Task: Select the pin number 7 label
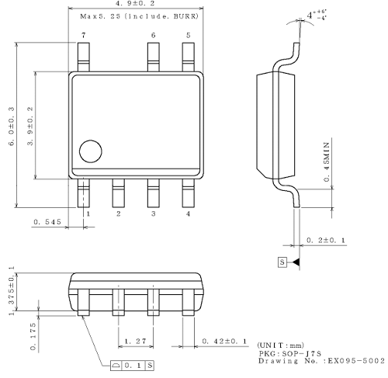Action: pos(83,36)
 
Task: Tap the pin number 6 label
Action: pos(153,36)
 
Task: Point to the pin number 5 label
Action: pos(188,36)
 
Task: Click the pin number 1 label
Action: pos(88,213)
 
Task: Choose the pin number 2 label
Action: pos(118,213)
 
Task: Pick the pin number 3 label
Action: pos(153,213)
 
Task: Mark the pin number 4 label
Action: pos(188,213)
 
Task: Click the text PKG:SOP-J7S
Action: pos(287,352)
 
